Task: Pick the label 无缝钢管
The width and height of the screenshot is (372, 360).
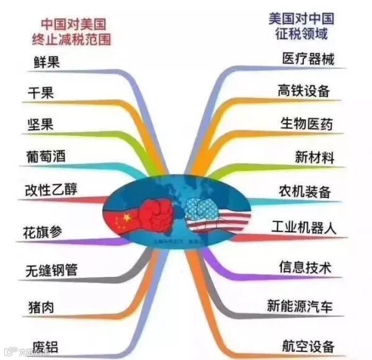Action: tap(51, 271)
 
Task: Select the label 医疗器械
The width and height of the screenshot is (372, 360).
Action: tap(308, 60)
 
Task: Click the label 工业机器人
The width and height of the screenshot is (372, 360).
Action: tap(304, 227)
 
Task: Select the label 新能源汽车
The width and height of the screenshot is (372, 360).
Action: tap(300, 305)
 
